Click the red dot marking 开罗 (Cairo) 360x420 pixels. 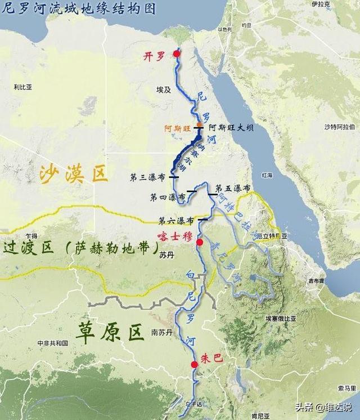[177, 54]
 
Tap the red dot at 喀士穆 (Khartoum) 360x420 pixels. [199, 242]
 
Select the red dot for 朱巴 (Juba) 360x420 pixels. [194, 364]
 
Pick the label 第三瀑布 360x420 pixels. [147, 177]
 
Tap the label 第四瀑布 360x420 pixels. [168, 198]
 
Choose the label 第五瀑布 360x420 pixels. [232, 188]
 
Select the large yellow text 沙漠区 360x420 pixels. [73, 175]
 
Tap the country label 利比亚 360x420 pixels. [23, 87]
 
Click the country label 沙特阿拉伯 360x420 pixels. [341, 127]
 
